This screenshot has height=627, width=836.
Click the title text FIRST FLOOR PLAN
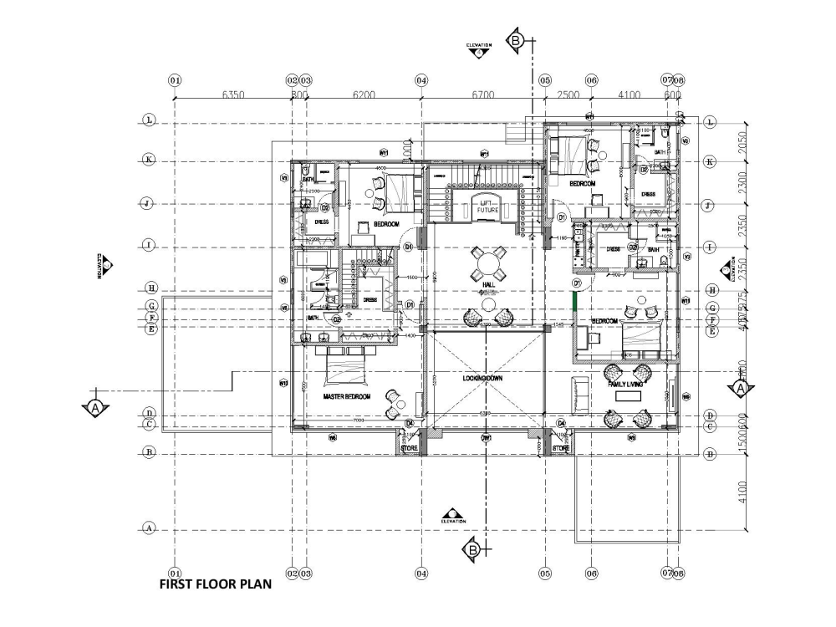pyautogui.click(x=215, y=585)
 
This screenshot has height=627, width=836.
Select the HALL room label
pyautogui.click(x=488, y=285)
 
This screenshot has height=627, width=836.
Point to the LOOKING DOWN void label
pyautogui.click(x=482, y=379)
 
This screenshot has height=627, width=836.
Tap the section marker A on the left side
pyautogui.click(x=95, y=408)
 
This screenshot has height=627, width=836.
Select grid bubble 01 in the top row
pyautogui.click(x=175, y=80)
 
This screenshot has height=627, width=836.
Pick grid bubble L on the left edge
pyautogui.click(x=149, y=121)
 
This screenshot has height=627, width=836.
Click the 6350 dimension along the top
pyautogui.click(x=233, y=95)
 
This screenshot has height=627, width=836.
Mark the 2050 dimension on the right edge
pyautogui.click(x=742, y=141)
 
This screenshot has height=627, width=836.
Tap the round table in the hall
pyautogui.click(x=487, y=263)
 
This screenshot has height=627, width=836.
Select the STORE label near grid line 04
pyautogui.click(x=409, y=449)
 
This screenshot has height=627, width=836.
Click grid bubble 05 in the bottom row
pyautogui.click(x=545, y=573)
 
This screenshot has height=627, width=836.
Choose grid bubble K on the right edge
pyautogui.click(x=711, y=161)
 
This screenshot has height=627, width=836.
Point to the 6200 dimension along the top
pyautogui.click(x=363, y=95)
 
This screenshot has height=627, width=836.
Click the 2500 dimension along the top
pyautogui.click(x=568, y=95)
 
